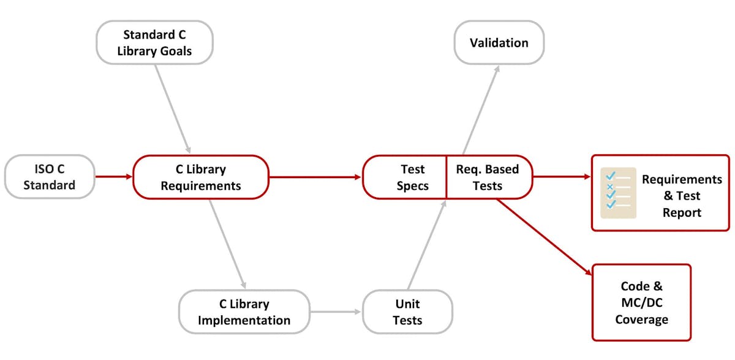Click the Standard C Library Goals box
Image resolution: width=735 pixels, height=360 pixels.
(154, 43)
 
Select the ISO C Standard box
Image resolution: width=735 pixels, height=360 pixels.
(50, 177)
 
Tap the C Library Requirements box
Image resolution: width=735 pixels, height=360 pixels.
(201, 177)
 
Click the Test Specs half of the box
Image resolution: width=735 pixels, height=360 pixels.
(405, 177)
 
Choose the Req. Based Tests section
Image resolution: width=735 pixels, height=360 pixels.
(488, 177)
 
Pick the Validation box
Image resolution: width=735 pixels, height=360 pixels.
(499, 43)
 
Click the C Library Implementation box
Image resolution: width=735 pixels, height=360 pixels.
(244, 312)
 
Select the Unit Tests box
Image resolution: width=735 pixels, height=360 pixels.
(407, 312)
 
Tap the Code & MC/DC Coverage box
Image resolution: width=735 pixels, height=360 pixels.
(641, 302)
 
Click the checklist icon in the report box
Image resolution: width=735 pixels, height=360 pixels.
(618, 193)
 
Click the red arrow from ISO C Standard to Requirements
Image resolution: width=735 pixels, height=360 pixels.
(114, 177)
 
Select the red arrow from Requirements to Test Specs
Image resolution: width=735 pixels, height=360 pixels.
(315, 177)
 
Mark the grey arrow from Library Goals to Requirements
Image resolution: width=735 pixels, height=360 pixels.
(173, 108)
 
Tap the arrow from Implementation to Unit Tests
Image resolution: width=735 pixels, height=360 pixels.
(336, 312)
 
